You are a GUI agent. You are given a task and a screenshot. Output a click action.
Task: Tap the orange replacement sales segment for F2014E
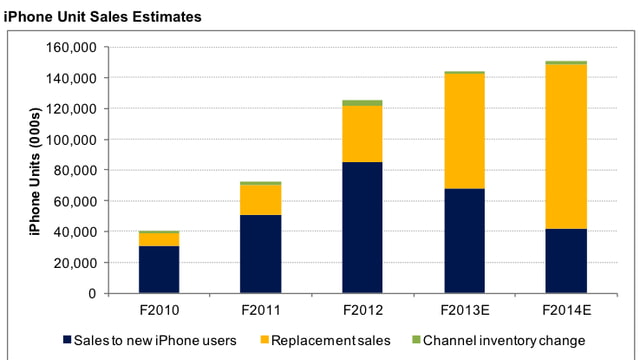(x=566, y=146)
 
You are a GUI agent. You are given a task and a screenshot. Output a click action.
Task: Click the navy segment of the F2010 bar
(x=159, y=269)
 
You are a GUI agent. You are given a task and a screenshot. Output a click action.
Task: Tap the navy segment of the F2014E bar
(x=566, y=261)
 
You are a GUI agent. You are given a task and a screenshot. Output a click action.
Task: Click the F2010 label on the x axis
(x=159, y=309)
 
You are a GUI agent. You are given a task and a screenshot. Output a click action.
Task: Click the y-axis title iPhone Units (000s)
(x=30, y=170)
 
